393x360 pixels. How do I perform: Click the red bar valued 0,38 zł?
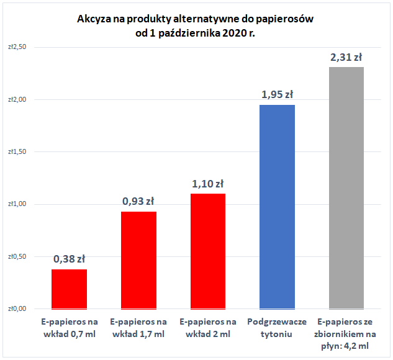point(69,289)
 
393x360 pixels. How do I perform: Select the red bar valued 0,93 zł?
point(138,260)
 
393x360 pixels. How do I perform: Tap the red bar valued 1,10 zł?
point(207,251)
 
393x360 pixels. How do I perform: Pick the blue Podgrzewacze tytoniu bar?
point(277,207)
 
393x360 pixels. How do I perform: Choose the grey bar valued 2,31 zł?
point(346,187)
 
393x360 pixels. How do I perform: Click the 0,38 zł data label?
point(69,259)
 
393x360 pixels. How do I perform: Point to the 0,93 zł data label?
point(138,201)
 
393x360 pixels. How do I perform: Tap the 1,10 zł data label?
point(207,184)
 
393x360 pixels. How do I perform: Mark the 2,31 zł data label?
point(346,57)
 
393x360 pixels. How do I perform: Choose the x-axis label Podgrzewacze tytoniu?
point(277,328)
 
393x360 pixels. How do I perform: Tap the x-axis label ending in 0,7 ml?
point(69,328)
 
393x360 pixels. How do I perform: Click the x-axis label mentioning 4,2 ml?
point(346,334)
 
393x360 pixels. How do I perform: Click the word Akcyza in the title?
point(94,19)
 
